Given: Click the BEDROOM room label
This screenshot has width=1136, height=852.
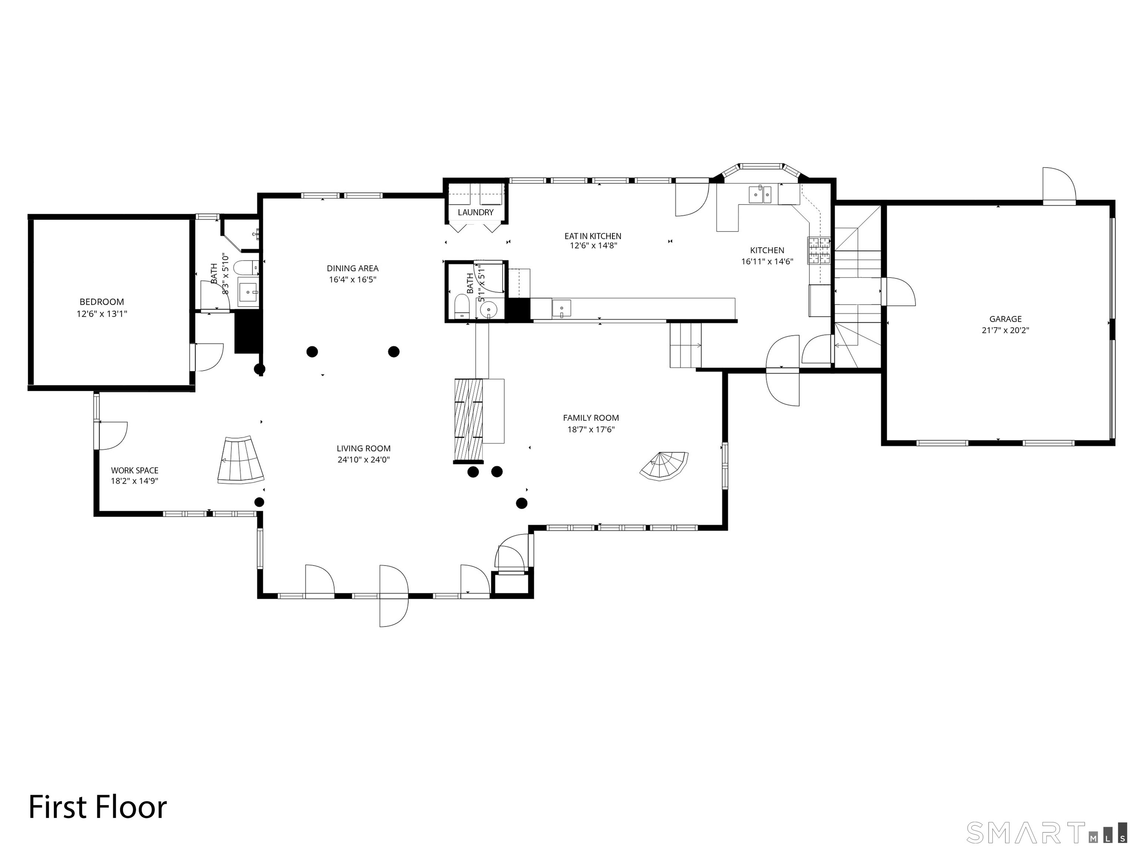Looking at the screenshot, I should pyautogui.click(x=102, y=302).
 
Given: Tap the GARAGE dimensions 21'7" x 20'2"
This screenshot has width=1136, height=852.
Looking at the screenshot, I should pyautogui.click(x=1005, y=331).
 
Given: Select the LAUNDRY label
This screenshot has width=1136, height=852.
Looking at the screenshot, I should pyautogui.click(x=475, y=212).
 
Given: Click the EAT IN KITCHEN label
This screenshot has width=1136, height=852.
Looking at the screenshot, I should pyautogui.click(x=593, y=236).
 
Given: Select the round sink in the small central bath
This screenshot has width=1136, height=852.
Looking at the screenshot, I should pyautogui.click(x=487, y=310).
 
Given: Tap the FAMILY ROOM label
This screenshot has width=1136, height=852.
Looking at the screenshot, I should pyautogui.click(x=591, y=418).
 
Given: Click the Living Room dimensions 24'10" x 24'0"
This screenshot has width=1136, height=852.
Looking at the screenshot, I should pyautogui.click(x=364, y=460).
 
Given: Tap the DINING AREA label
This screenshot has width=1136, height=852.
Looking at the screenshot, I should pyautogui.click(x=352, y=268).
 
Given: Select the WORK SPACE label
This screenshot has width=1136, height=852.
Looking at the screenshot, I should pyautogui.click(x=135, y=470).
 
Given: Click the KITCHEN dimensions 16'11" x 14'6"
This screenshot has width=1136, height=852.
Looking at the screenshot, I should pyautogui.click(x=767, y=261).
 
